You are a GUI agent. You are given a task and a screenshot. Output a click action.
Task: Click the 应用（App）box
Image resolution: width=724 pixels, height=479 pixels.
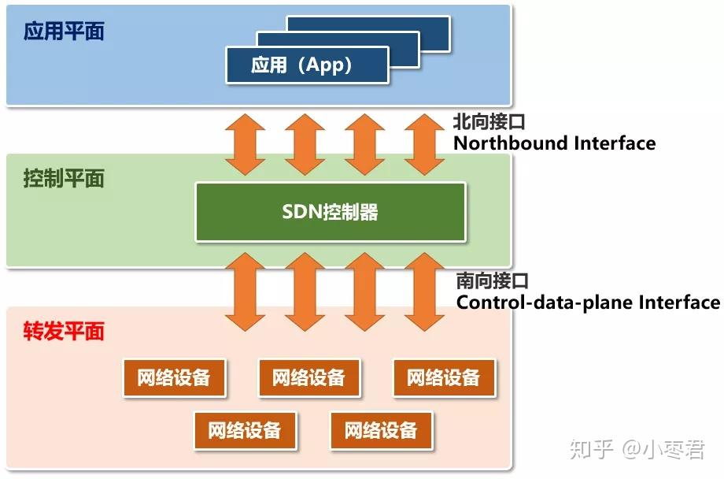click(x=307, y=65)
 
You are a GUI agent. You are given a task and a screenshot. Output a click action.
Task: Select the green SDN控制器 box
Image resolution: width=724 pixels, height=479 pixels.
click(x=331, y=211)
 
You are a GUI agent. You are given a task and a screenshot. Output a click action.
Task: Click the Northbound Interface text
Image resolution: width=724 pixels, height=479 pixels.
click(x=554, y=143)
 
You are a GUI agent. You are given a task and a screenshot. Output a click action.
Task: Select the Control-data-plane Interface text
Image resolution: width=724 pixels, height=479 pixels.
click(x=588, y=303)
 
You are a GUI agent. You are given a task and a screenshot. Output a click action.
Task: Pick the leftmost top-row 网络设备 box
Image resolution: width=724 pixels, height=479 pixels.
click(x=174, y=378)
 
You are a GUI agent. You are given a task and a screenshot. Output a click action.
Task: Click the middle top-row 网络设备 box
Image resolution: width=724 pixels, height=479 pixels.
click(x=309, y=378)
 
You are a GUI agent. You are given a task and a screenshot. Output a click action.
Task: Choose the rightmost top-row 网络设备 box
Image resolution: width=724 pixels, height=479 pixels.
click(x=444, y=378)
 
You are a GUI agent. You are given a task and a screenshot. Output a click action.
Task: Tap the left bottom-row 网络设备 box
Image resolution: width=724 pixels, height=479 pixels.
click(x=245, y=430)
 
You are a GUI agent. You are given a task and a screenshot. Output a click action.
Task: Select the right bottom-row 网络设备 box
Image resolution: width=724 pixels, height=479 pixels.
click(x=381, y=430)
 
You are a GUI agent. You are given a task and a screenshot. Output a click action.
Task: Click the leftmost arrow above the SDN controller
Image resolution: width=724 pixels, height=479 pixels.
click(x=245, y=143)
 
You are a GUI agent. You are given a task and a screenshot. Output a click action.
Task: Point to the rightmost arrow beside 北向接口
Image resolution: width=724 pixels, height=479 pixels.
click(x=425, y=143)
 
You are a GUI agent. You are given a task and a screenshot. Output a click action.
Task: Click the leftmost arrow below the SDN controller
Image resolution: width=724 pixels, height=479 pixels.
click(x=245, y=291)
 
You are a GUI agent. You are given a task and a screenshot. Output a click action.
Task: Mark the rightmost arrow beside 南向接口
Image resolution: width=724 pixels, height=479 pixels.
click(x=425, y=291)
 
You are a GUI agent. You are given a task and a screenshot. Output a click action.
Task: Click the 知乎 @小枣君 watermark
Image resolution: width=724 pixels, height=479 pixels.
click(x=637, y=450)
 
